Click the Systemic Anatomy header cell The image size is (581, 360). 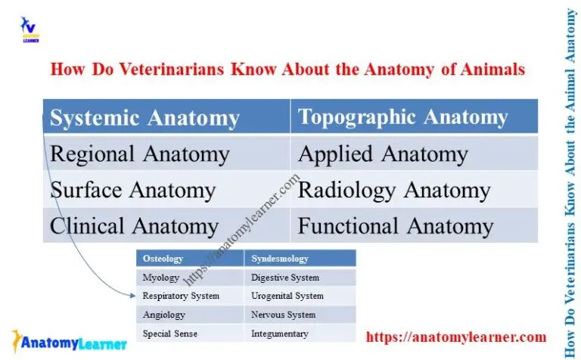144,118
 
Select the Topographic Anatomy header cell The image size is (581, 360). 402,117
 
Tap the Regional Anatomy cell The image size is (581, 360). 139,154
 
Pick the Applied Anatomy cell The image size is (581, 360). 383,154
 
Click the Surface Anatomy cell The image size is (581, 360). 132,190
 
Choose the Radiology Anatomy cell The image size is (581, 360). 393,190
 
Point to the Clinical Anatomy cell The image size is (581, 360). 134,225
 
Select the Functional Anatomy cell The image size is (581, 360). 396,225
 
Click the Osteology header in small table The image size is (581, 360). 163,259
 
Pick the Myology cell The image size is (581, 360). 161,278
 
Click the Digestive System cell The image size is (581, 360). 285,278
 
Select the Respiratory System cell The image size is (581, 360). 181,296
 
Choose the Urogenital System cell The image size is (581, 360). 287,296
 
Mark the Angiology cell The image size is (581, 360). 163,315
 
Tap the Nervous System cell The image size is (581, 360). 284,315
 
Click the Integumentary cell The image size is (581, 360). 280,333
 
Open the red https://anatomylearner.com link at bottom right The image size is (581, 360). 455,337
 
